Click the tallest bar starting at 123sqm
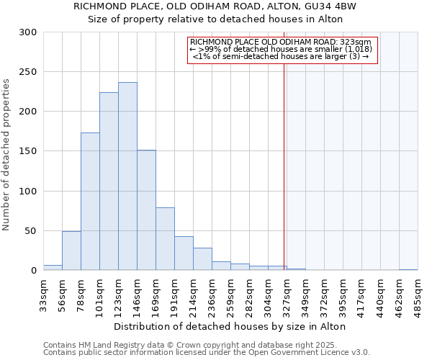(127, 176)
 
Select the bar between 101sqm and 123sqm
(109, 181)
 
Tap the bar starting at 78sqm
(90, 202)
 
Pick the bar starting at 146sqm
(146, 210)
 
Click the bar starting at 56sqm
(71, 251)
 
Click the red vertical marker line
(284, 158)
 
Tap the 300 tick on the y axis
(28, 32)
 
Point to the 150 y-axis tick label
(28, 151)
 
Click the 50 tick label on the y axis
(31, 231)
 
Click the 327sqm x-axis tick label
(287, 294)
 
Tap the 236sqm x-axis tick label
(212, 294)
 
